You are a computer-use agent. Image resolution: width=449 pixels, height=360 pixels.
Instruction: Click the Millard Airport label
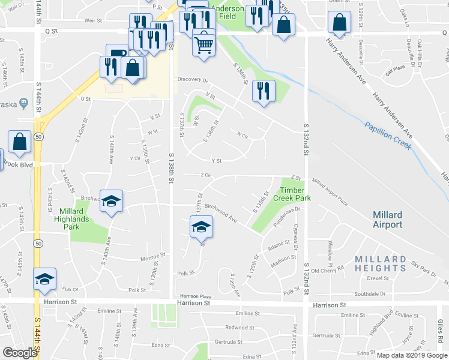tap(387, 220)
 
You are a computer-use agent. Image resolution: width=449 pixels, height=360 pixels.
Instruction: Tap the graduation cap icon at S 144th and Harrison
tap(44, 279)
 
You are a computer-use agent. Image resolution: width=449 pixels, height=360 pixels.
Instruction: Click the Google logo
tap(20, 353)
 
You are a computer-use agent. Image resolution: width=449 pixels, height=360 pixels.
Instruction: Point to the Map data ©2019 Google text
tap(412, 355)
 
